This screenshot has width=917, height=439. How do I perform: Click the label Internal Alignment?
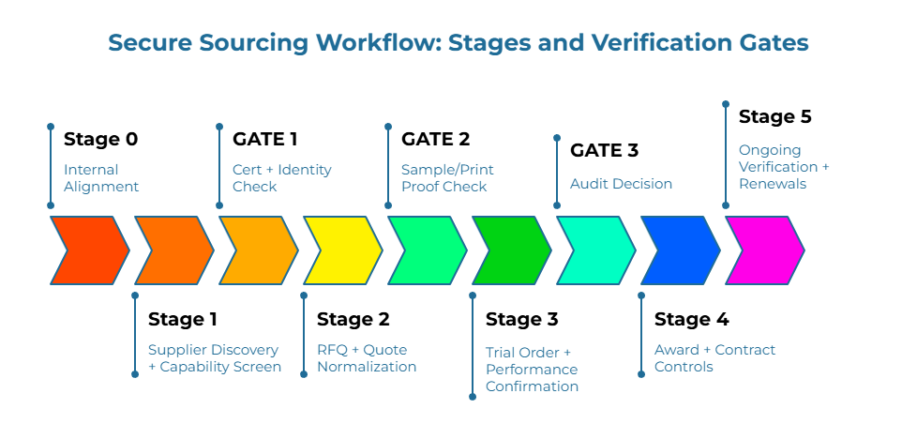click(x=101, y=178)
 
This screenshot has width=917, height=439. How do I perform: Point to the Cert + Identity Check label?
click(x=281, y=178)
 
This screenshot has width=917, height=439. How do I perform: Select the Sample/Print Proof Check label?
click(x=447, y=178)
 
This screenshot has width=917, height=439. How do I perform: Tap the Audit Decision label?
click(x=621, y=184)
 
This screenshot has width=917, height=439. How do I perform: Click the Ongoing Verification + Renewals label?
click(x=784, y=167)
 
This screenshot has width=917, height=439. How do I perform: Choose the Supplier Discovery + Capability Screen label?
click(x=215, y=358)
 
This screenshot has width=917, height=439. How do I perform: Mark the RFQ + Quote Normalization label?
click(x=367, y=358)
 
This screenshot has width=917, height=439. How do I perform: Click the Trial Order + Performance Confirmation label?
click(x=532, y=369)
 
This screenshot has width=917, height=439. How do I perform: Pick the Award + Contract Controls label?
click(x=714, y=358)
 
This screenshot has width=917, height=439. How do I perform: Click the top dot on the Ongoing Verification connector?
click(x=726, y=103)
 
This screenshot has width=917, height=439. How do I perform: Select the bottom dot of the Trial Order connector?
click(x=473, y=397)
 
